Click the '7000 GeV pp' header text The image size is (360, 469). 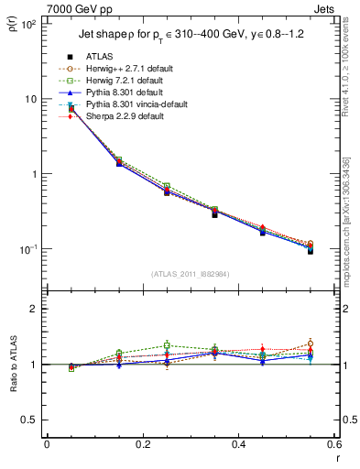click(76, 7)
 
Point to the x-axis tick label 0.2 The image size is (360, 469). click(142, 444)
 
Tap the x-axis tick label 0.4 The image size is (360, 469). click(238, 444)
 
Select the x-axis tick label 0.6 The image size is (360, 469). click(333, 444)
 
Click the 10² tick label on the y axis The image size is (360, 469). click(28, 24)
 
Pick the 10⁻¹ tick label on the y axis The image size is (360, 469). click(28, 249)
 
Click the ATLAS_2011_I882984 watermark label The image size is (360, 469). click(191, 274)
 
